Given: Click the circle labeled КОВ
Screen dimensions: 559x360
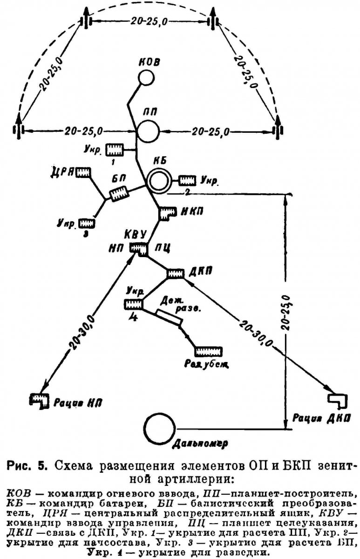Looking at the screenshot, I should click(x=147, y=77).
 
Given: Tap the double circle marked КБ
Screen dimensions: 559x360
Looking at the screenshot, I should click(x=158, y=181).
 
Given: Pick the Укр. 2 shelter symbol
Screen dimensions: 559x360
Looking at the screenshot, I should click(x=187, y=180).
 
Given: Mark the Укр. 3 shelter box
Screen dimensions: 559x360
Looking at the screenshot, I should click(x=87, y=223).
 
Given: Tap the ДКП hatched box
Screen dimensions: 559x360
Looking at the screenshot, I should click(x=176, y=273).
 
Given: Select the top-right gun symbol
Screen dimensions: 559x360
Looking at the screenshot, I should click(x=213, y=22).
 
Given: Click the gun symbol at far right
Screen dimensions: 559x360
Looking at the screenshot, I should click(x=278, y=128).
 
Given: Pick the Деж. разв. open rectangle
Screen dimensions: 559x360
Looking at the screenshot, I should click(x=169, y=319).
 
